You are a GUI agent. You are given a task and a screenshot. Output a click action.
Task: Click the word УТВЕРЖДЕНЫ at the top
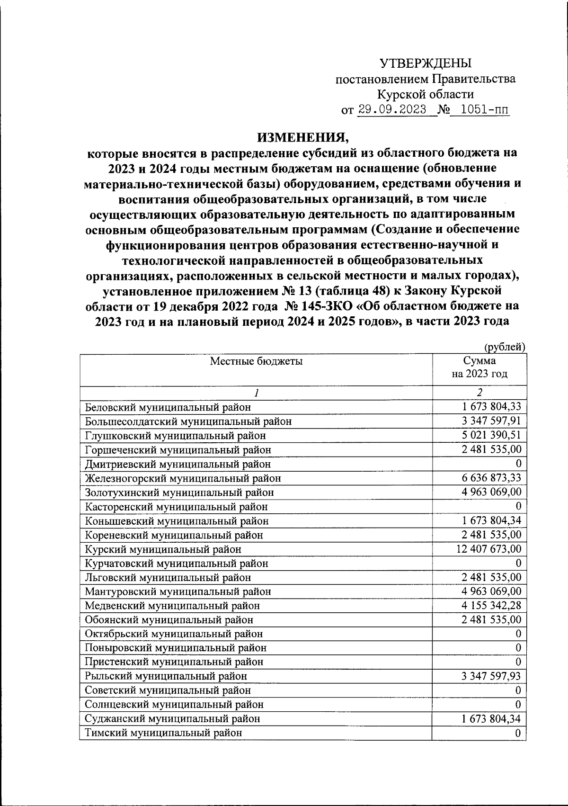point(426,63)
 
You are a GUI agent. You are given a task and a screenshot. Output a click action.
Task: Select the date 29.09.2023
point(392,110)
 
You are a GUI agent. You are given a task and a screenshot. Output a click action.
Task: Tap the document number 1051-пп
point(485,110)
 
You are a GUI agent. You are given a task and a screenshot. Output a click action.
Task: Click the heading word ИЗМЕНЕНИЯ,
point(302,137)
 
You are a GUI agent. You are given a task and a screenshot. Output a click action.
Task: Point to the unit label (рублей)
point(505,347)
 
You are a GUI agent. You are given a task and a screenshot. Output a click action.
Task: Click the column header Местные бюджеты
point(256,361)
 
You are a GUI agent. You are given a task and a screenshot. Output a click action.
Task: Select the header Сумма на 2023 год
point(479,367)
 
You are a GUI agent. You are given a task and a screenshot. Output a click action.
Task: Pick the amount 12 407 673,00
point(489,549)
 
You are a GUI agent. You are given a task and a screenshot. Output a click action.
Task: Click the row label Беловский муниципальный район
point(168,407)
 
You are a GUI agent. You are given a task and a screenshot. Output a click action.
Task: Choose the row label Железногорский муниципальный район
point(183,478)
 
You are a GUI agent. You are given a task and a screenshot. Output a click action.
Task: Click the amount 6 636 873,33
point(492,478)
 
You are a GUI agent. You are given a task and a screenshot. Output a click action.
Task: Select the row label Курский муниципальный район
point(163,549)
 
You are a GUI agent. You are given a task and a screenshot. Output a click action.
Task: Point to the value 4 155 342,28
point(492,605)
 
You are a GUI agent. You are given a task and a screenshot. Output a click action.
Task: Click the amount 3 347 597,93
point(492,676)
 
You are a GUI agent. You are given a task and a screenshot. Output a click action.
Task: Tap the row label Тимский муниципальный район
point(163,733)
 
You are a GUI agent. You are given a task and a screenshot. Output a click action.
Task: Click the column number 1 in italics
point(256,393)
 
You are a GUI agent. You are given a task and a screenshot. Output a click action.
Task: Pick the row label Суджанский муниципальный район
point(172,719)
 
